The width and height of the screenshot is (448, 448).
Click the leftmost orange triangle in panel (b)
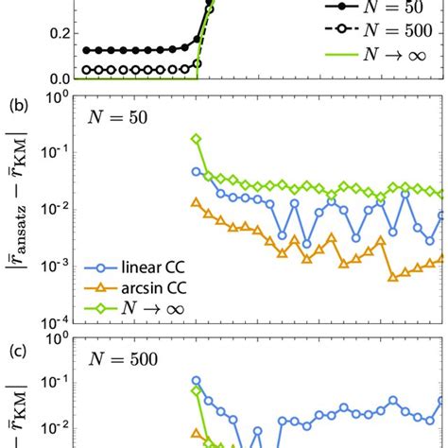point(196,201)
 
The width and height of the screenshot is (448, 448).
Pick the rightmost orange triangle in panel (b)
point(442,257)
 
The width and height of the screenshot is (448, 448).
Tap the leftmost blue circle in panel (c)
point(196,381)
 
